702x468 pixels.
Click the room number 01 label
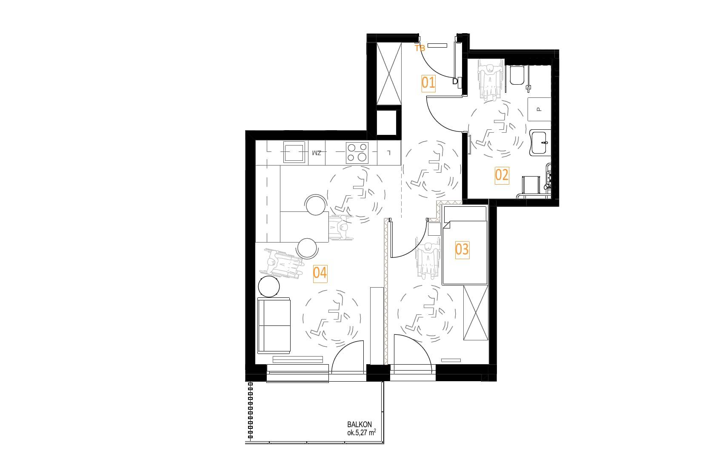click(428, 83)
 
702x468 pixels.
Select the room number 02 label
click(502, 175)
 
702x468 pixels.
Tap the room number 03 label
click(462, 250)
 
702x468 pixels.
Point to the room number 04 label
click(320, 273)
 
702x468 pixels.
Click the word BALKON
click(360, 425)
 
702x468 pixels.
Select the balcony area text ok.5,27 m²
click(361, 433)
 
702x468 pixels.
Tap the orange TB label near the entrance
click(419, 48)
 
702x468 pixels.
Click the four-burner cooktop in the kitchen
click(357, 153)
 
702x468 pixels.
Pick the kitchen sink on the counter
click(294, 152)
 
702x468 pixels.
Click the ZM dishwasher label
click(317, 153)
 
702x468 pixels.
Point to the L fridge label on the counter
click(388, 153)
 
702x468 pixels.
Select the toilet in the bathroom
click(517, 75)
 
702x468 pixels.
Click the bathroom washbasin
click(540, 143)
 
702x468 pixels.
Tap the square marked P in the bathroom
click(539, 109)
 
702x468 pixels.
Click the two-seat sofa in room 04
click(274, 326)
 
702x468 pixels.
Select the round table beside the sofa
click(269, 286)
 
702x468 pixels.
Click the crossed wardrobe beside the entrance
click(388, 74)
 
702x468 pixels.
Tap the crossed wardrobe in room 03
click(475, 313)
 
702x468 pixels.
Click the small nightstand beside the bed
click(434, 228)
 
